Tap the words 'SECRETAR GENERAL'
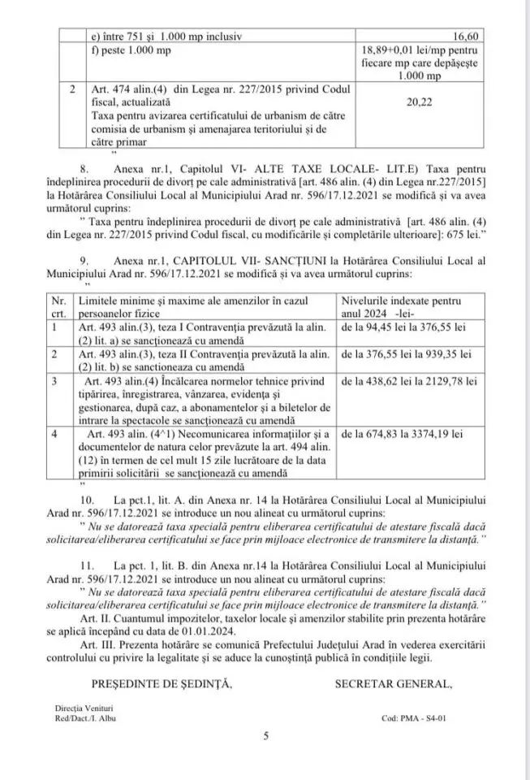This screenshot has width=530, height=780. pyautogui.click(x=393, y=683)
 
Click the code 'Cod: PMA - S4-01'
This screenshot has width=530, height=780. pyautogui.click(x=413, y=718)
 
